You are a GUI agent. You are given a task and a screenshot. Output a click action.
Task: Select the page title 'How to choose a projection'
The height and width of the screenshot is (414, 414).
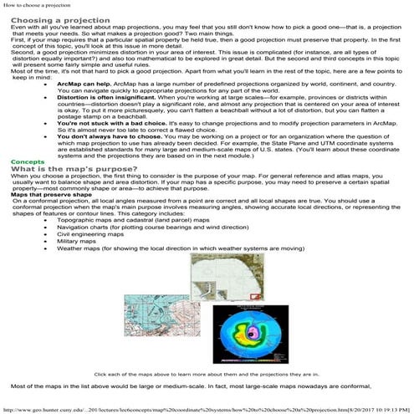point(35,5)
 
